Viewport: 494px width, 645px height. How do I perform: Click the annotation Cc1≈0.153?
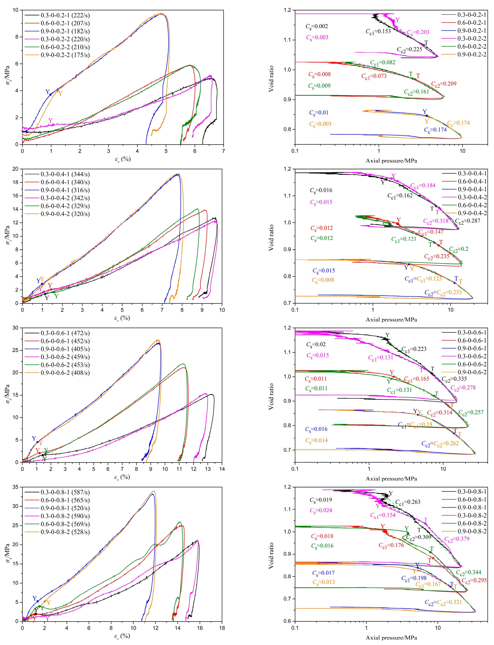click(378, 31)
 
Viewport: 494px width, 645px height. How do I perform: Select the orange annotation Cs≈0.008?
click(323, 280)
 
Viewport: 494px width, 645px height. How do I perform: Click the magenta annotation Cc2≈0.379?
click(457, 539)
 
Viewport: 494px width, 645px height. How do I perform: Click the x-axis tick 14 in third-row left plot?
click(222, 469)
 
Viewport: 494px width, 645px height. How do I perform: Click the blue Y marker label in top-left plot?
click(48, 92)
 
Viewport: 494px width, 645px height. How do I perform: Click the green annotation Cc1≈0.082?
click(383, 62)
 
